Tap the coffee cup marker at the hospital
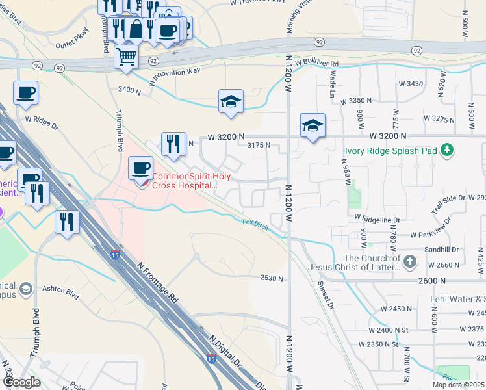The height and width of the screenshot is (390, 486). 141,169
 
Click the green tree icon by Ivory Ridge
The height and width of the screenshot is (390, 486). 446,151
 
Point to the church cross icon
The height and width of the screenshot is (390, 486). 409,262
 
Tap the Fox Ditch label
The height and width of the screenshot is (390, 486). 255,223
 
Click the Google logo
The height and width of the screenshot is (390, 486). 21,382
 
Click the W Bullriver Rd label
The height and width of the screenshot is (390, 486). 316,64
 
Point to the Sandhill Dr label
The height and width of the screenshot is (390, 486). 442,249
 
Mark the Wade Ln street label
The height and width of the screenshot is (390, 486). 332,84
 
